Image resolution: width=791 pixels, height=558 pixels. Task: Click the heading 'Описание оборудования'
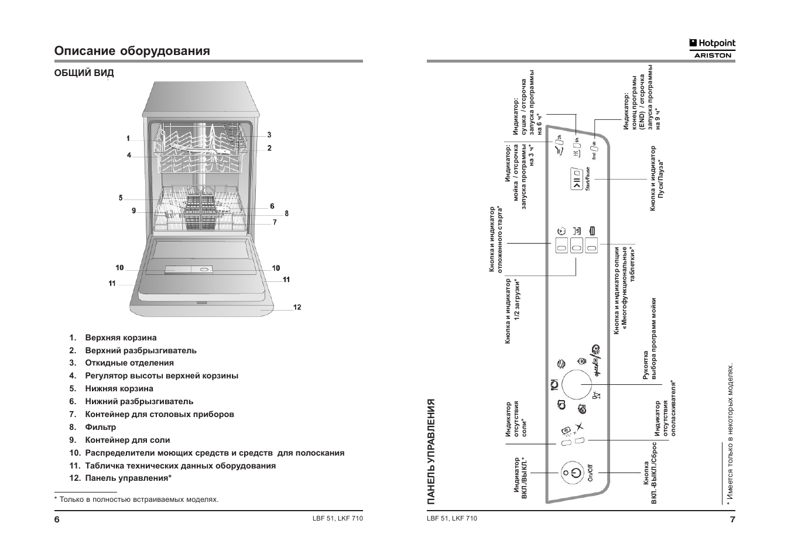[x=132, y=51]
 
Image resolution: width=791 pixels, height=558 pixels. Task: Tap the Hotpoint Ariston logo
[x=712, y=48]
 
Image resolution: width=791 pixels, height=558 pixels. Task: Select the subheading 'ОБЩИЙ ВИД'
[x=84, y=73]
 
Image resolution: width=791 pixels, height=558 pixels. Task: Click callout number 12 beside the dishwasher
[x=297, y=307]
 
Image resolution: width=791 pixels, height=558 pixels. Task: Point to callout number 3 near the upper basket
[x=269, y=135]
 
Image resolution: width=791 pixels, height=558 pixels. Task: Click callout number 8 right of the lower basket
[x=286, y=213]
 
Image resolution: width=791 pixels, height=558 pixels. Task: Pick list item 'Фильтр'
[x=101, y=427]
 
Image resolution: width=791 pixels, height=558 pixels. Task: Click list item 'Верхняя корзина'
[x=121, y=337]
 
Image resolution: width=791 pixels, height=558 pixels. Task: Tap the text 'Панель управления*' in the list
[x=128, y=478]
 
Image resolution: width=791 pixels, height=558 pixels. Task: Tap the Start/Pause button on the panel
[x=577, y=179]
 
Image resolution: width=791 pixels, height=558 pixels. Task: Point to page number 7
[x=732, y=520]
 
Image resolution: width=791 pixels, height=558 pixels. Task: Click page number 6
[x=57, y=520]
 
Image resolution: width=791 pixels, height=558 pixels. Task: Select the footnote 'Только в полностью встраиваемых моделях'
[x=138, y=500]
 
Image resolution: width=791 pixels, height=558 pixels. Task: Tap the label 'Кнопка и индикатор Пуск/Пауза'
[x=656, y=178]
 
